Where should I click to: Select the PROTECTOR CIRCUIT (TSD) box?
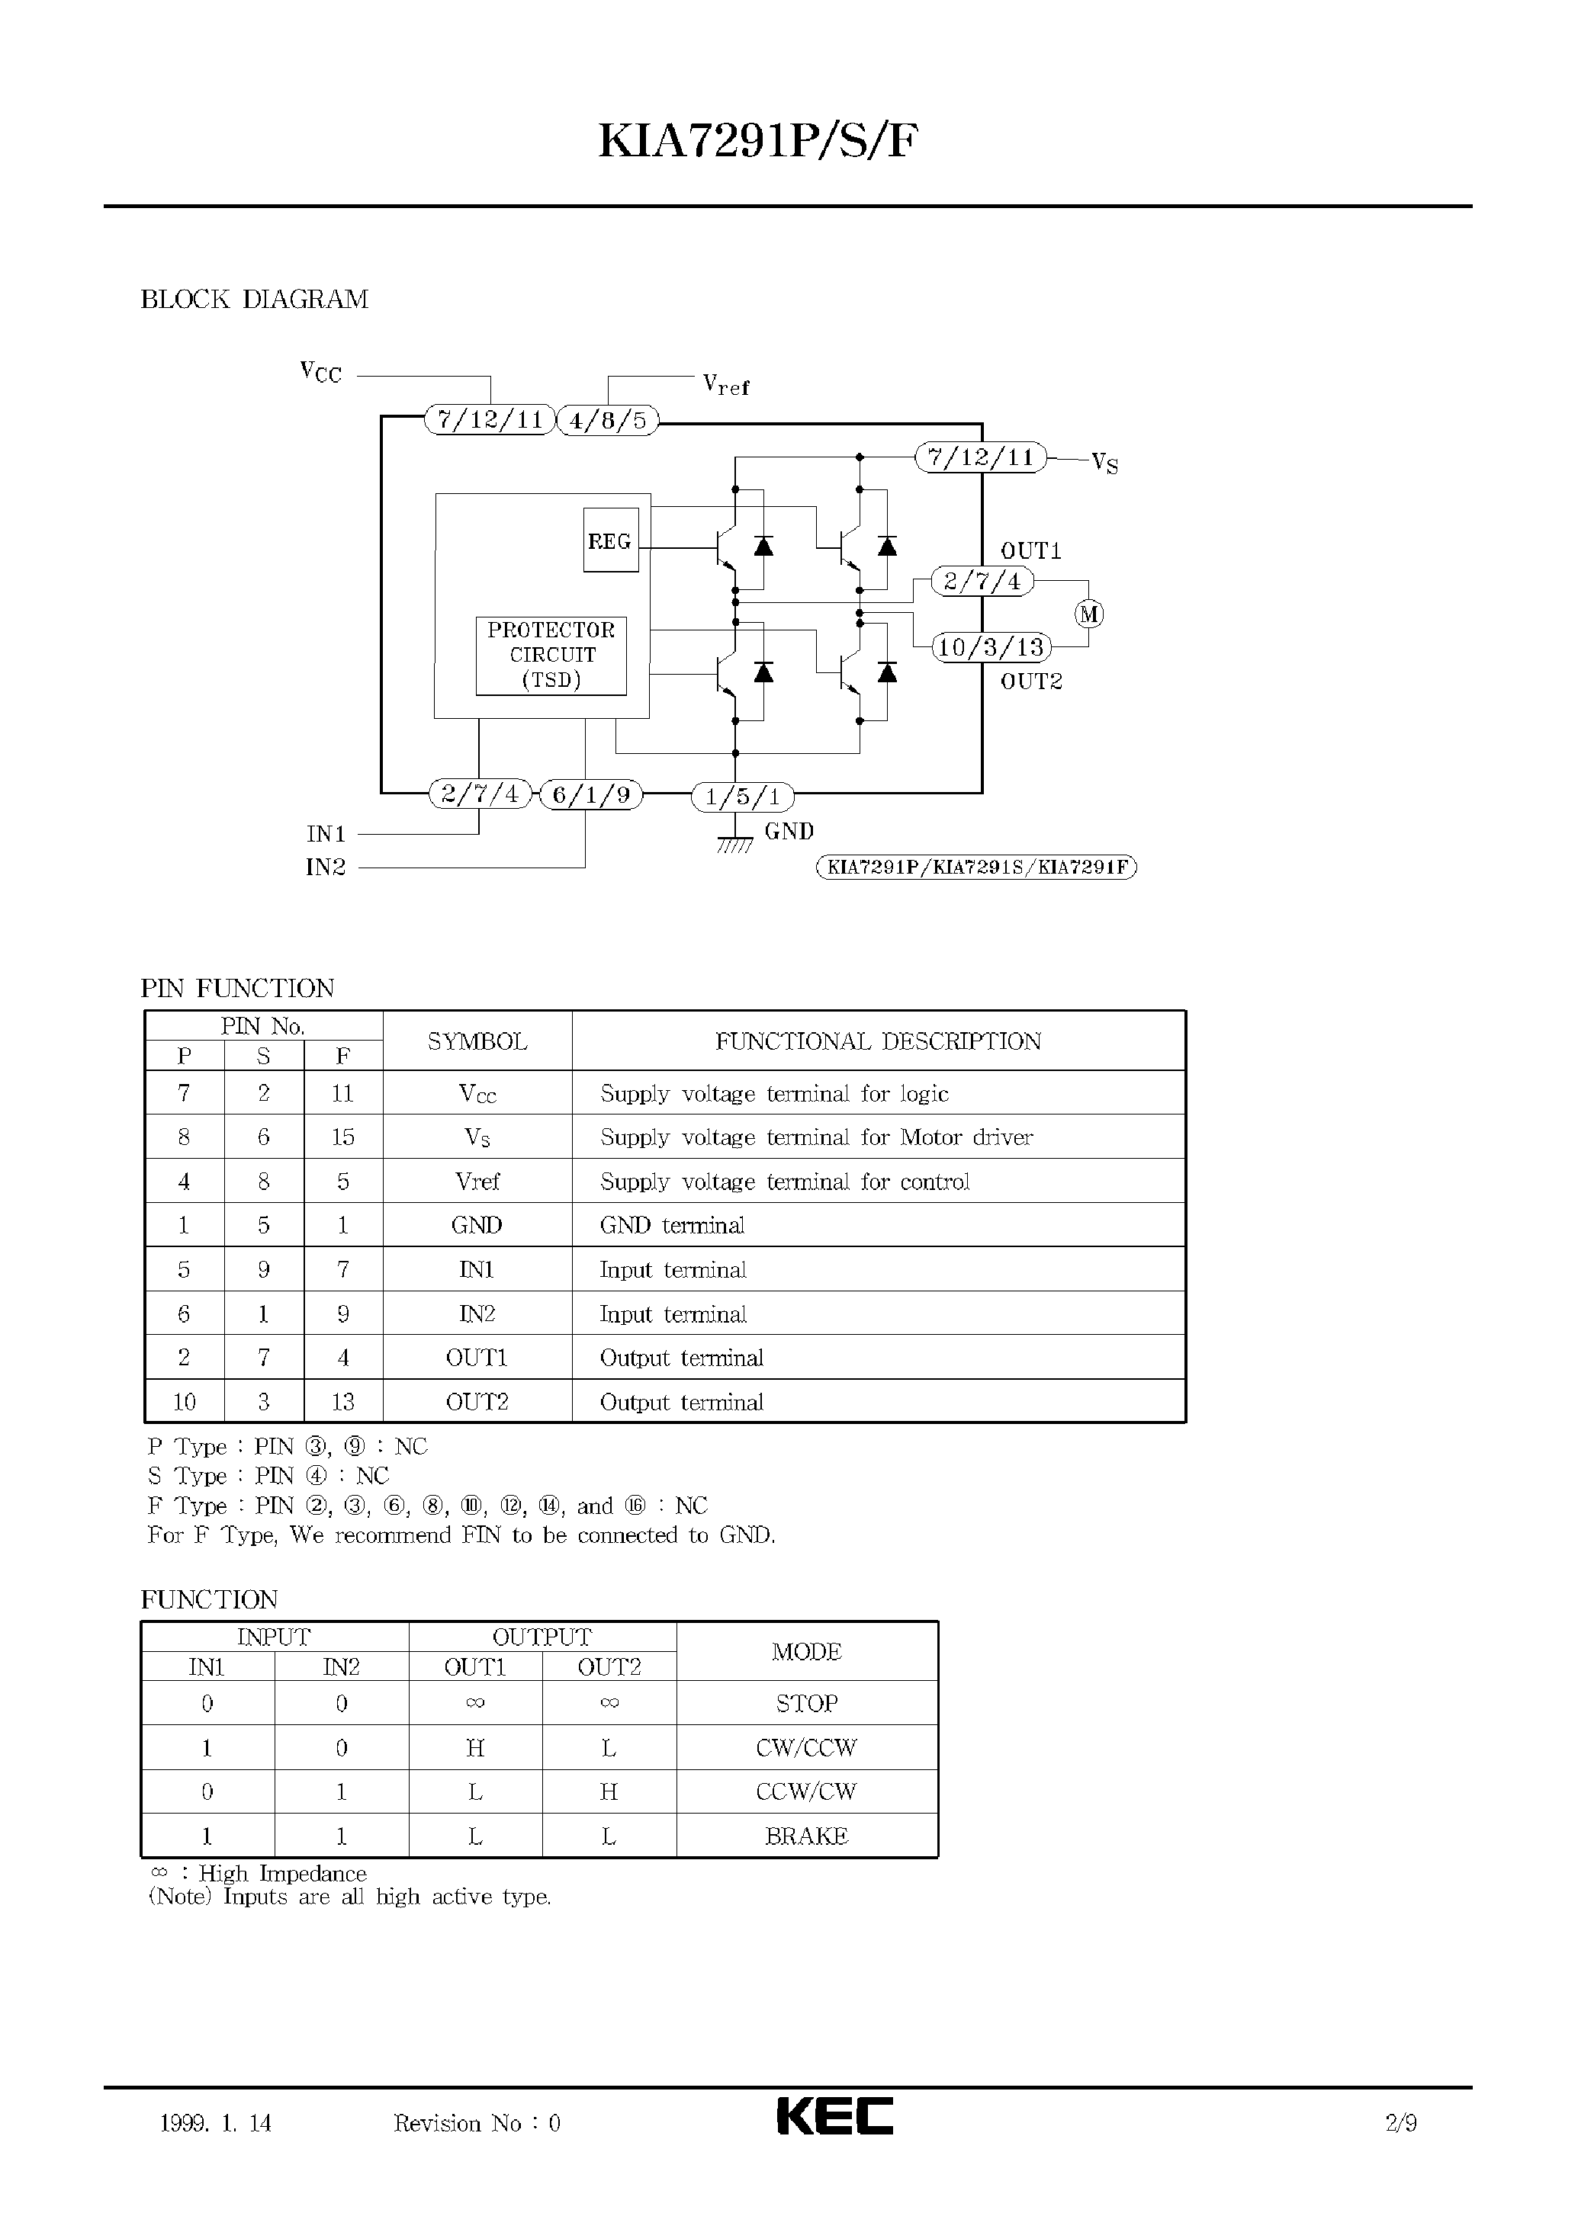(x=551, y=656)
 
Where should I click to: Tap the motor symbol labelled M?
(x=1089, y=614)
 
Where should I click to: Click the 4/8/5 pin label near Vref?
(x=607, y=421)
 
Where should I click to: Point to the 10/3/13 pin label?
(x=991, y=647)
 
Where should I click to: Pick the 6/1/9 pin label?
(x=591, y=795)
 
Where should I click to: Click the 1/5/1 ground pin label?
(x=742, y=797)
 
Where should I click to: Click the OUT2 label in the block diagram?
(x=1031, y=682)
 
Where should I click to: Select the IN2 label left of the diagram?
(x=326, y=868)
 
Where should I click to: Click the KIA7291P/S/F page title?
(x=758, y=142)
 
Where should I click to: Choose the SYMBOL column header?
(x=477, y=1041)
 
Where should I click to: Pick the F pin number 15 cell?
(x=343, y=1137)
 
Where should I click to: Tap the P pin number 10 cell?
(x=184, y=1401)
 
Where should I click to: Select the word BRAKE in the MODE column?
(x=806, y=1836)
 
